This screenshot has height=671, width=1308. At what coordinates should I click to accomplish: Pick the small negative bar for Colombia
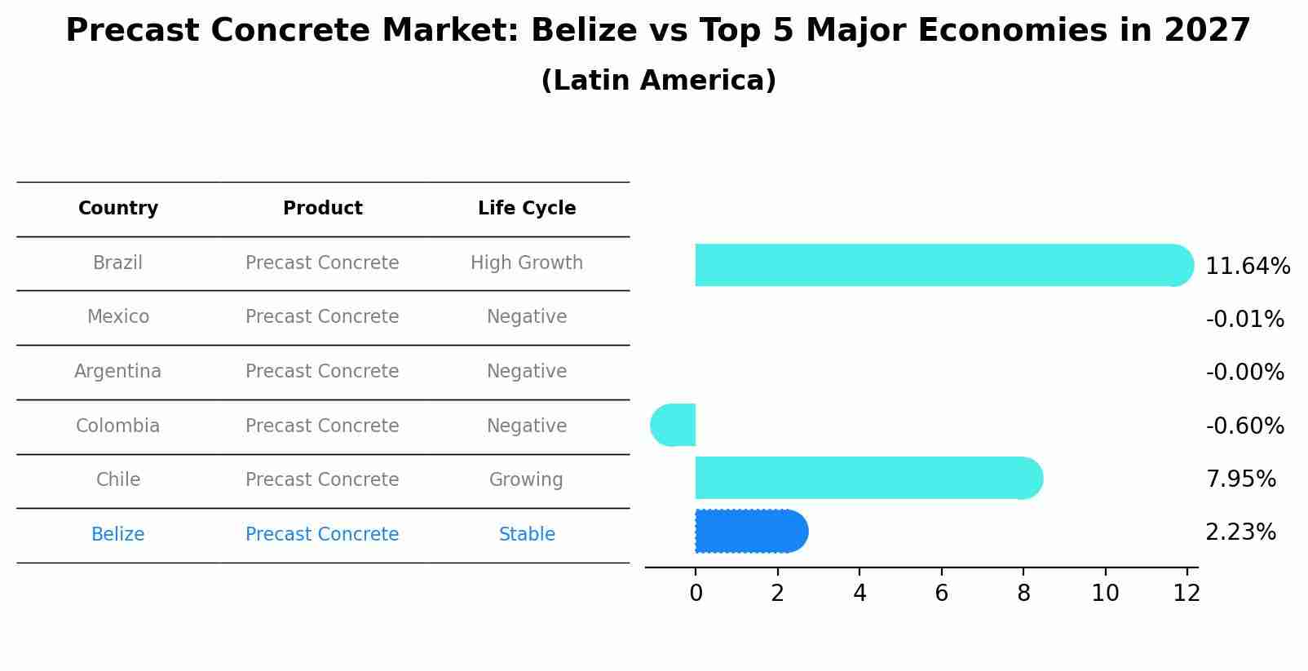pyautogui.click(x=674, y=425)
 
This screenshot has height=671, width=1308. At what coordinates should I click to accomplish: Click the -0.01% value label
pyautogui.click(x=1244, y=319)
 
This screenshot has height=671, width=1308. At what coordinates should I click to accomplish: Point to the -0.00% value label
pyautogui.click(x=1244, y=373)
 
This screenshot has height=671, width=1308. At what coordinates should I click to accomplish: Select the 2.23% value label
pyautogui.click(x=1240, y=532)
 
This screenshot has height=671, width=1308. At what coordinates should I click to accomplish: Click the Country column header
pyautogui.click(x=118, y=209)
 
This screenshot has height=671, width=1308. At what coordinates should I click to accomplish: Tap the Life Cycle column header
pyautogui.click(x=527, y=209)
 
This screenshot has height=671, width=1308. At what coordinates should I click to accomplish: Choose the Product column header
pyautogui.click(x=323, y=209)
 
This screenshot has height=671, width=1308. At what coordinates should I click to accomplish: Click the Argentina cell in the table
pyautogui.click(x=118, y=372)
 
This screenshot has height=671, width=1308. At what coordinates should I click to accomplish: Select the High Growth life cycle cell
pyautogui.click(x=527, y=263)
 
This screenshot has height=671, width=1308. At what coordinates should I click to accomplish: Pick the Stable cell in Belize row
pyautogui.click(x=527, y=535)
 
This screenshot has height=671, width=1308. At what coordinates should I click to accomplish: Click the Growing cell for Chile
pyautogui.click(x=527, y=480)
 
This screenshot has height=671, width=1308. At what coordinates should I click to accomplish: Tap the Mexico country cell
pyautogui.click(x=118, y=317)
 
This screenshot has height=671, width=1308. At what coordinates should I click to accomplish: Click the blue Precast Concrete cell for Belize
pyautogui.click(x=323, y=535)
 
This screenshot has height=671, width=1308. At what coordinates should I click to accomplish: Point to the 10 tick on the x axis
pyautogui.click(x=1105, y=594)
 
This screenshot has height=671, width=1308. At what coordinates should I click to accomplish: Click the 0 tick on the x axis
pyautogui.click(x=696, y=594)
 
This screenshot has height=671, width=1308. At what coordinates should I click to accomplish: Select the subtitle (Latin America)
pyautogui.click(x=658, y=81)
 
